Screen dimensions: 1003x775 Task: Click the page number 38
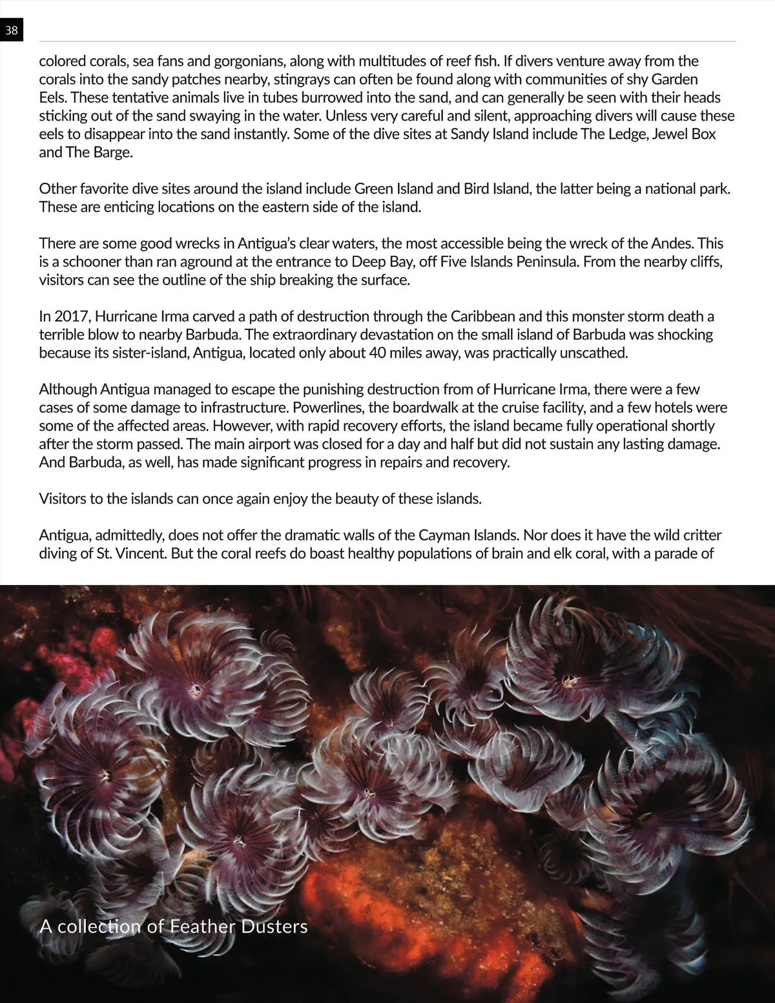[11, 30]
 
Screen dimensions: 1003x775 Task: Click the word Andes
[672, 243]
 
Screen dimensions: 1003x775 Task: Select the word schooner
[88, 262]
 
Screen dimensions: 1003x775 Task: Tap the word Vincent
[140, 553]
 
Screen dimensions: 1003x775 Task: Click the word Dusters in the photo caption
[274, 926]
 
